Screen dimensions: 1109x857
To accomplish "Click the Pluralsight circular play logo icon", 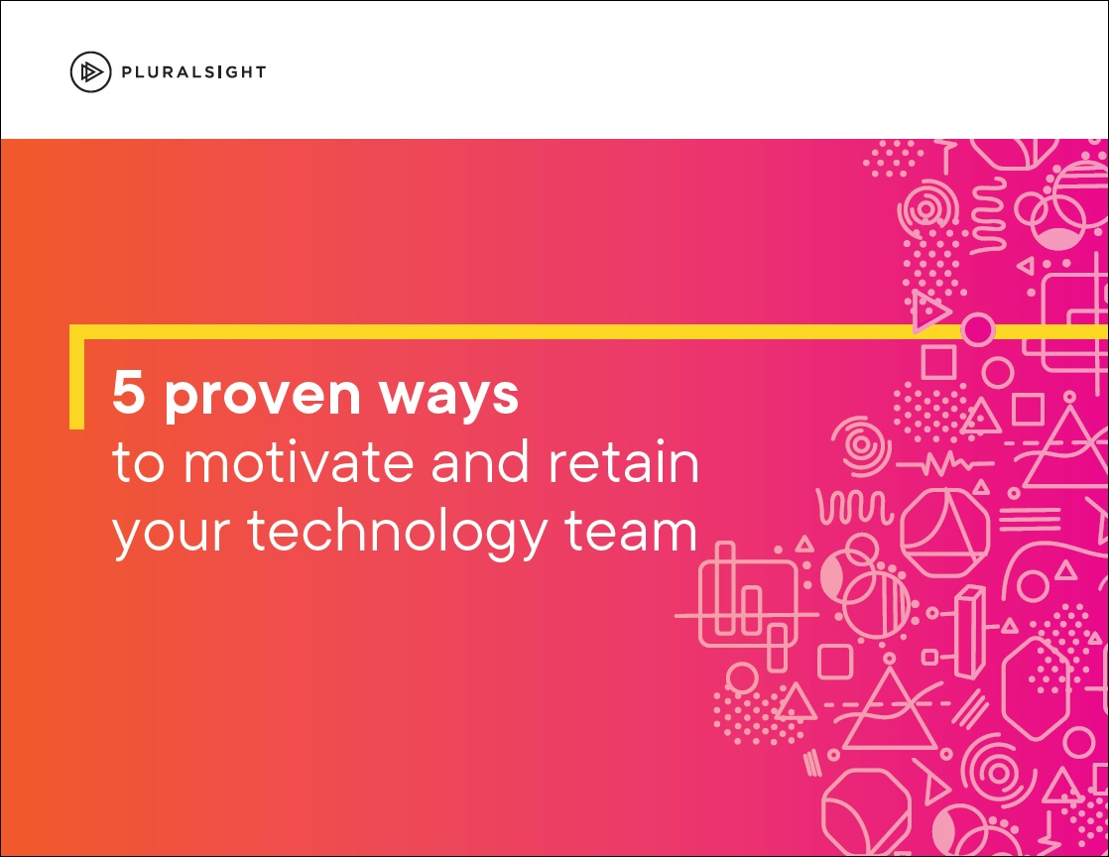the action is point(90,72).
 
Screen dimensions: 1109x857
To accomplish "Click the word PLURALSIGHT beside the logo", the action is point(193,72).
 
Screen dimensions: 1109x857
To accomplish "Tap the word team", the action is point(631,531).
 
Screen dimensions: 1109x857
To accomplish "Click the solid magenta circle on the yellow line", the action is point(977,329).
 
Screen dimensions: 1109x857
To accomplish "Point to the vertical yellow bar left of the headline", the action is point(76,377).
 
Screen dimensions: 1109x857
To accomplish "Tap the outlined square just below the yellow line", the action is point(938,361).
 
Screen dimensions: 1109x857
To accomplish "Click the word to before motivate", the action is point(139,463).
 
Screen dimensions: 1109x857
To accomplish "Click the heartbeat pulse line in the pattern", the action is point(945,464).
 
